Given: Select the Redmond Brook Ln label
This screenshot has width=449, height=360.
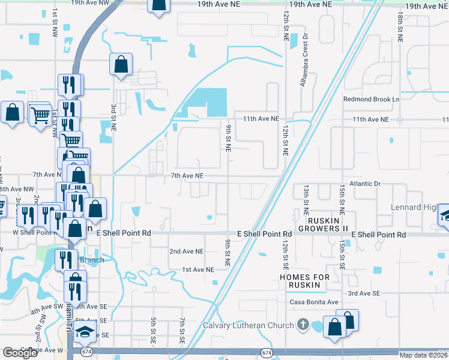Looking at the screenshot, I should tap(371, 99).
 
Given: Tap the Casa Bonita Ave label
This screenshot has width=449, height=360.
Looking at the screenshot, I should tap(315, 302).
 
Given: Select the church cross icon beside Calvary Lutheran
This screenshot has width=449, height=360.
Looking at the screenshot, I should tap(303, 325).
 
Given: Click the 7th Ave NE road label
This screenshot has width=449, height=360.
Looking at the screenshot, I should tap(188, 176).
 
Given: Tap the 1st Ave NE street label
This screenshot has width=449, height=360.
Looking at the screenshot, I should tap(198, 270).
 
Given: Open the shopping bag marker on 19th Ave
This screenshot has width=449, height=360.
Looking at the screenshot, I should tap(159, 5).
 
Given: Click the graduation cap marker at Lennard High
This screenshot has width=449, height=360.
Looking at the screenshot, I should tap(445, 215).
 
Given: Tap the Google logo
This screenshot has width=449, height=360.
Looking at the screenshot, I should tap(20, 353).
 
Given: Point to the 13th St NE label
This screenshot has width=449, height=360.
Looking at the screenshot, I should tap(306, 200).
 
